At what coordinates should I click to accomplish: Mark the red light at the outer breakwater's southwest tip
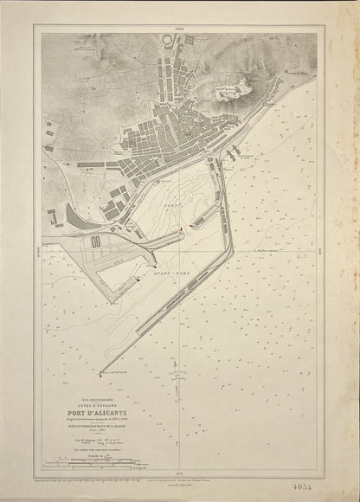tap(102, 375)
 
